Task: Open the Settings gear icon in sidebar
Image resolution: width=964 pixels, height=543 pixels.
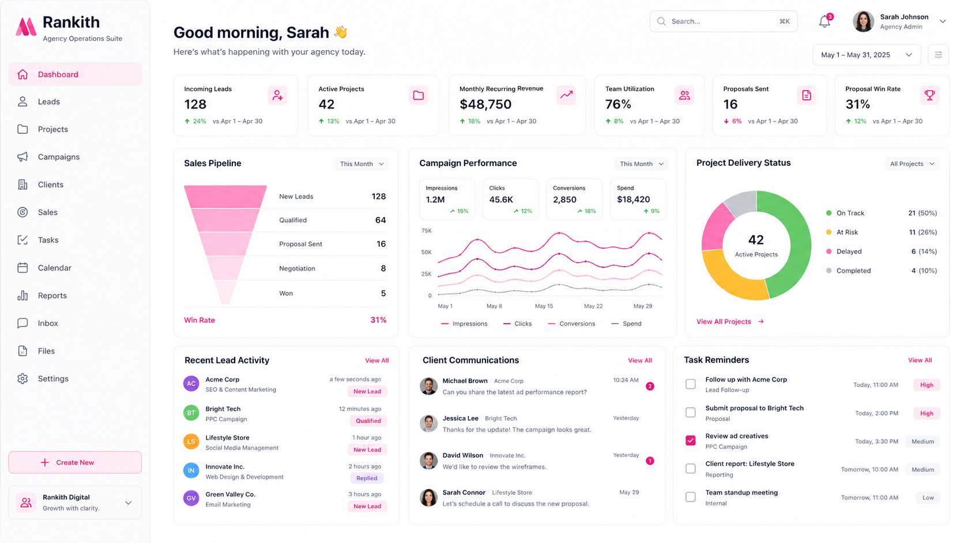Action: click(x=22, y=379)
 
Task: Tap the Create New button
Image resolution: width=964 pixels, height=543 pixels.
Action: click(x=75, y=462)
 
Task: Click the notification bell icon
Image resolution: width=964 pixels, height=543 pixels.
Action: click(x=824, y=21)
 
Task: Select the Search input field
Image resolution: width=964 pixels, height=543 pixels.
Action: click(x=724, y=21)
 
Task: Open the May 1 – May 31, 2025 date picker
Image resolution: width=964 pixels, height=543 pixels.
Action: click(x=867, y=55)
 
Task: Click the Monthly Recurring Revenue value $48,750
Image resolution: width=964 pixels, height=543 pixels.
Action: click(x=485, y=104)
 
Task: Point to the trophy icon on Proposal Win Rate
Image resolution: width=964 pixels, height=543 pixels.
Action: click(x=929, y=95)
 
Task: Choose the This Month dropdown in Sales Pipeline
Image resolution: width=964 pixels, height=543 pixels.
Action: click(x=361, y=164)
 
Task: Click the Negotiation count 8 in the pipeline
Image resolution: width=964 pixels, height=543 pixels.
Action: click(x=383, y=268)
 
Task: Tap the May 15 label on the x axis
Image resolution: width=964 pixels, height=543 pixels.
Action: click(x=544, y=306)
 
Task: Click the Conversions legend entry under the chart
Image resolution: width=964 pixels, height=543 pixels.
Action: click(x=571, y=323)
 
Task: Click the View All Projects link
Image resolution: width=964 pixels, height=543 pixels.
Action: click(x=730, y=321)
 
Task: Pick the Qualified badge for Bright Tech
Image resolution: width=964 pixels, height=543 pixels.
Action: click(x=368, y=421)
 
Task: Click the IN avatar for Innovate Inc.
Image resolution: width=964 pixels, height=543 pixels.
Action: click(x=191, y=470)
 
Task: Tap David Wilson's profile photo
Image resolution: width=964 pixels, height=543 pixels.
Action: click(x=428, y=460)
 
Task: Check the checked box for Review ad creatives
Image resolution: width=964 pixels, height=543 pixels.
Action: click(x=690, y=440)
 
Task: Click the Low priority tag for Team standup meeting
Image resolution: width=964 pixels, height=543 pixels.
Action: click(x=928, y=497)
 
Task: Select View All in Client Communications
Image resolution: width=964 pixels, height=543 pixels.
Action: click(x=639, y=361)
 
